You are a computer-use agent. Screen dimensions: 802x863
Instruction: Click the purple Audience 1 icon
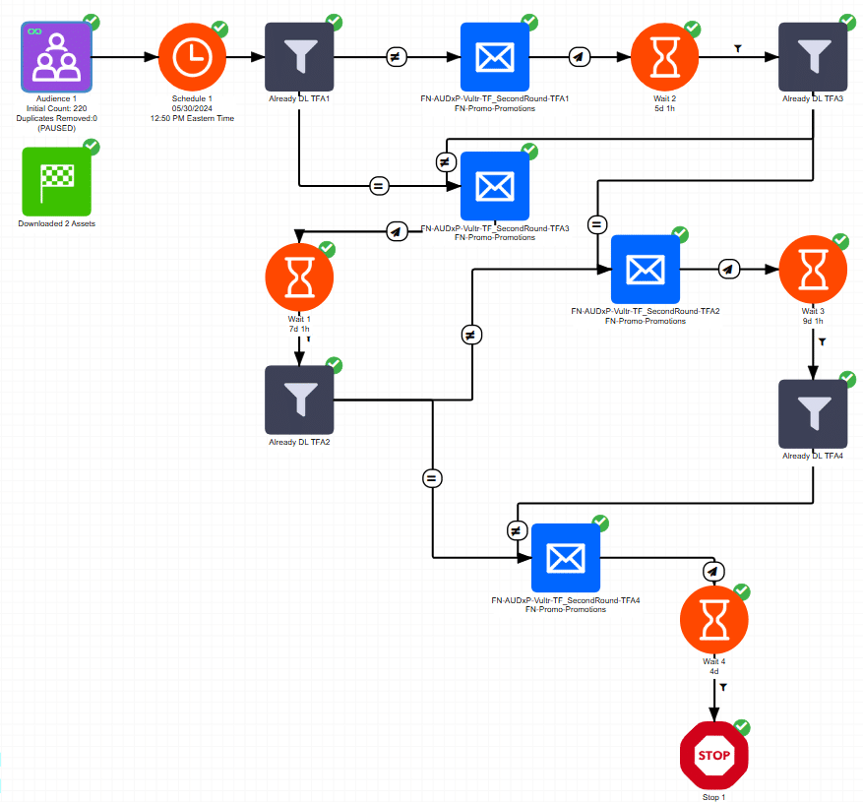click(x=57, y=57)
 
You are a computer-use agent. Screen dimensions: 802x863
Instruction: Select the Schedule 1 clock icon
click(x=193, y=57)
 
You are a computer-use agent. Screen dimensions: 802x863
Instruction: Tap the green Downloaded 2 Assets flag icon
click(x=57, y=181)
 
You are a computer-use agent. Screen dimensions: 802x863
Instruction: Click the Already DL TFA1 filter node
click(x=299, y=57)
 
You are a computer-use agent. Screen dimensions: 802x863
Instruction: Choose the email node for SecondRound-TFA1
click(x=495, y=57)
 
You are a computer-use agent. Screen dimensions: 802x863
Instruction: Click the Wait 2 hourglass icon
click(x=664, y=57)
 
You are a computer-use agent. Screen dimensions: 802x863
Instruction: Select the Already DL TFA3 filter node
click(x=813, y=57)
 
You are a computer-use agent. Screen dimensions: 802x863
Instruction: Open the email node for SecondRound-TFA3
click(x=495, y=186)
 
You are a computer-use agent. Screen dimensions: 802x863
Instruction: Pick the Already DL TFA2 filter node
click(x=299, y=400)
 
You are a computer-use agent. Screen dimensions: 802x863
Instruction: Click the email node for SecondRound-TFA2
click(x=646, y=269)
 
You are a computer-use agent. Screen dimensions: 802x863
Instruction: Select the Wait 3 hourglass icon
click(x=813, y=269)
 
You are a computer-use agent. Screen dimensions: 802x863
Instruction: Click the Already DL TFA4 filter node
click(x=813, y=414)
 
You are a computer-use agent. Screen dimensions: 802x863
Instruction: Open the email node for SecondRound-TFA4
click(x=566, y=558)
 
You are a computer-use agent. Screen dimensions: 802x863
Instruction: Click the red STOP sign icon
click(x=714, y=755)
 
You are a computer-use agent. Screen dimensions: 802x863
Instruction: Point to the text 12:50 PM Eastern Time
click(x=192, y=118)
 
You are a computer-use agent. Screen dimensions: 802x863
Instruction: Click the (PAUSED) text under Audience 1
click(x=56, y=128)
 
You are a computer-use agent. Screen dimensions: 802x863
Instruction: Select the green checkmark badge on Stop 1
click(x=742, y=727)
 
